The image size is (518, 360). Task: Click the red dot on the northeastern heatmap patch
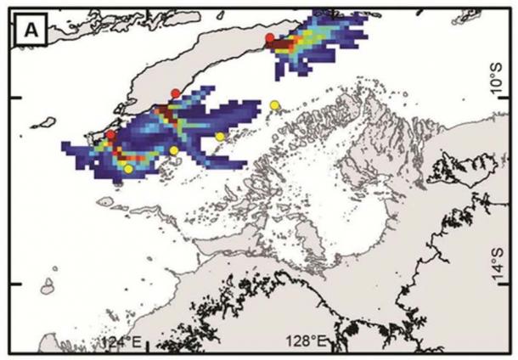click(269, 38)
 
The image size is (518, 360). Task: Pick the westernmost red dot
click(111, 135)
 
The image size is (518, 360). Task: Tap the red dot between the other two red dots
click(175, 93)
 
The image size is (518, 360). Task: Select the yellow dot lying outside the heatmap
click(274, 104)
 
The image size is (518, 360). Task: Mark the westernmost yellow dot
click(128, 169)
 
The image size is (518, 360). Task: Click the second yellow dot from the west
click(174, 150)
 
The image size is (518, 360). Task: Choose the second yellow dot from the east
click(220, 136)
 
